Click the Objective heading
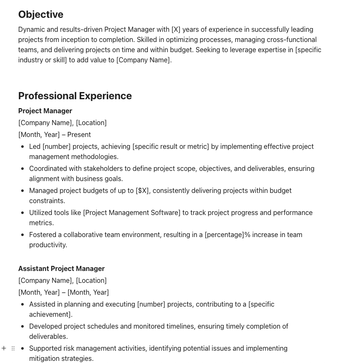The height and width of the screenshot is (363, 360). [41, 14]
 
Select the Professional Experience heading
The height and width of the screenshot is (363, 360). [75, 96]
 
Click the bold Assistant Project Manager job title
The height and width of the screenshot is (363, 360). [61, 268]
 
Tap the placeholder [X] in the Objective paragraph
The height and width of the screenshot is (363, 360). [176, 29]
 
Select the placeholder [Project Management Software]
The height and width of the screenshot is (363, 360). [132, 212]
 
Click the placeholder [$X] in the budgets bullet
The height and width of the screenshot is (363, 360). [142, 190]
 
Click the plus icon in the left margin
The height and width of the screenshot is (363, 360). [4, 348]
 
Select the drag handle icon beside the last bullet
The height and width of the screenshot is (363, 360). [13, 348]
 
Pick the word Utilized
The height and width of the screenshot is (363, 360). [41, 212]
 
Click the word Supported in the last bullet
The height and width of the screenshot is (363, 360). [45, 348]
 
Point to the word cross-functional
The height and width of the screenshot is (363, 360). [291, 39]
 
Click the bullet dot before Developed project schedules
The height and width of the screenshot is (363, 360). [22, 327]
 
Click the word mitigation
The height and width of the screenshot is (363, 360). [45, 358]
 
